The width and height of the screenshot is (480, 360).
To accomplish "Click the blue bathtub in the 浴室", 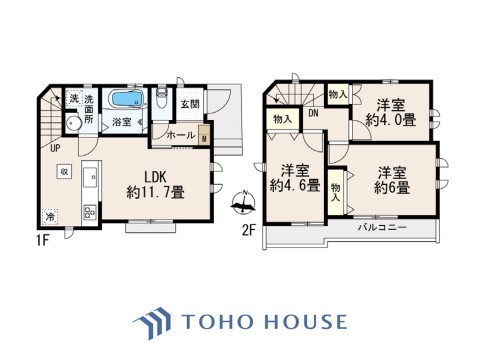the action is pos(127,99).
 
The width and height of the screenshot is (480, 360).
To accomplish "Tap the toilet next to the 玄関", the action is pos(161,98).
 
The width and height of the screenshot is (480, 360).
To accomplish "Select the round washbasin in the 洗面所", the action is pos(73,124).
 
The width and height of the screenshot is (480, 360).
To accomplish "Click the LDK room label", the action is pos(155,177).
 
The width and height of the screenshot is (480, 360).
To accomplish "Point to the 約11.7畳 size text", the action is pos(155,193).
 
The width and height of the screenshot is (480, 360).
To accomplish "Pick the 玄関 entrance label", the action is pos(190,104).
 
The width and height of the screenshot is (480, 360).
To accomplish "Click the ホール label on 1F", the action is pos(181,135).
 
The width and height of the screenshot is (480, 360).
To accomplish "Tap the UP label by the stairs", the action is pos(55,148).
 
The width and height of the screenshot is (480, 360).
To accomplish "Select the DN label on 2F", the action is pos(313,113).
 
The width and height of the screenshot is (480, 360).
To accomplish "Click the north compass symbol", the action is pos(243,202).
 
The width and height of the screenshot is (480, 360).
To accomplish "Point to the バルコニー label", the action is pos(382,228).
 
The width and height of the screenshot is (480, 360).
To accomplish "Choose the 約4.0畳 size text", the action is pos(391,120).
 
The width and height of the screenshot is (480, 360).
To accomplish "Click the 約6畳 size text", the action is pos(392,188).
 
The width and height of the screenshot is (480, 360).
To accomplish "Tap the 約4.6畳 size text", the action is pos(295,186).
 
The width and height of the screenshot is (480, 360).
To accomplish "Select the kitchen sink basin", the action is pos(90,176).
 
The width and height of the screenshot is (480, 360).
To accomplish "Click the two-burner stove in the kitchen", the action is pos(90,212).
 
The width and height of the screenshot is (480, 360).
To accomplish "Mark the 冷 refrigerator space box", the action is pos(50,217).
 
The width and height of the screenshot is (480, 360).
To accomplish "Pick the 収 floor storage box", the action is pos(64,172).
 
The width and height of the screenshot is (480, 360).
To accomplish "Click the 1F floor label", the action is pos(43,240).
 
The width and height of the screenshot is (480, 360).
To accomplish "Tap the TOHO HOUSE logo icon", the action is pos(152,323).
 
